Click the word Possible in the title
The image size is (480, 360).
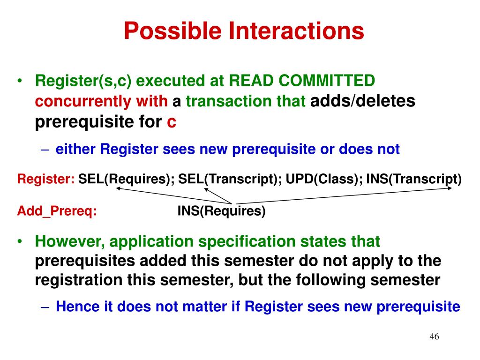pyautogui.click(x=172, y=30)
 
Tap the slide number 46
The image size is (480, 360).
pyautogui.click(x=434, y=337)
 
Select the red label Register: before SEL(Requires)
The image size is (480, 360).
pyautogui.click(x=46, y=179)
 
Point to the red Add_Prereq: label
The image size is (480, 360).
pyautogui.click(x=57, y=211)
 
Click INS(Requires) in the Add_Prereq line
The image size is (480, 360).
pyautogui.click(x=221, y=211)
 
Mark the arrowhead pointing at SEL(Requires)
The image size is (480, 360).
pyautogui.click(x=118, y=188)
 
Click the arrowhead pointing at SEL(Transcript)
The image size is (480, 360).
pyautogui.click(x=206, y=189)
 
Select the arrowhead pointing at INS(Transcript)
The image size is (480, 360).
pyautogui.click(x=450, y=188)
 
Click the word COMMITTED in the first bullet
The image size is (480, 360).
pyautogui.click(x=327, y=81)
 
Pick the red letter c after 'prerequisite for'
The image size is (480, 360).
pyautogui.click(x=172, y=122)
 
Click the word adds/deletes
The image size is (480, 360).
pyautogui.click(x=363, y=101)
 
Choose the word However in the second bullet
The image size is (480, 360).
pyautogui.click(x=70, y=241)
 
